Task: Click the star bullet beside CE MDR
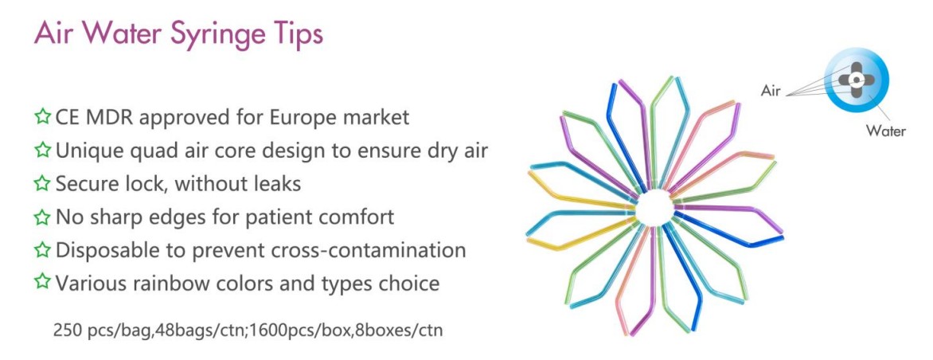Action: (42, 116)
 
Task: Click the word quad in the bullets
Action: (158, 151)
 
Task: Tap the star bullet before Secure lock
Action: (42, 182)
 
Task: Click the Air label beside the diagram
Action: (770, 91)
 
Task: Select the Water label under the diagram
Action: (885, 131)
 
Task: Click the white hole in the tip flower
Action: (654, 208)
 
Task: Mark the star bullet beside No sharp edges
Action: (42, 217)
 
